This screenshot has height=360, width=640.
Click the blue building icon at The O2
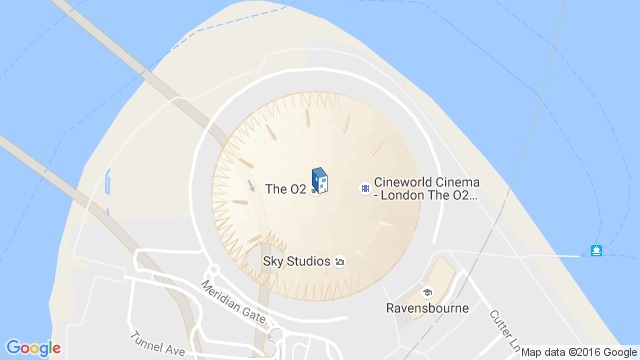(x=319, y=182)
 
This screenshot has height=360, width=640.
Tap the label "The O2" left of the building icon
(x=285, y=188)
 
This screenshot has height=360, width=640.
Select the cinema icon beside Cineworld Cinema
(x=365, y=187)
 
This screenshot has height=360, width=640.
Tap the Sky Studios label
(x=296, y=262)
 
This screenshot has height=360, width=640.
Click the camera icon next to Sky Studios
(x=340, y=262)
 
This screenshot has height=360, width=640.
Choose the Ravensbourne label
(x=428, y=309)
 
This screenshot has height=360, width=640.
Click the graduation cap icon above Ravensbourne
(x=428, y=293)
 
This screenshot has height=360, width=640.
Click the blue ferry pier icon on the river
(x=597, y=248)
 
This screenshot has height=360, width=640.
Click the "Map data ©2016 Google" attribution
(x=577, y=352)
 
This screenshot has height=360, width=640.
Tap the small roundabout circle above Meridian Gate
(x=212, y=271)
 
